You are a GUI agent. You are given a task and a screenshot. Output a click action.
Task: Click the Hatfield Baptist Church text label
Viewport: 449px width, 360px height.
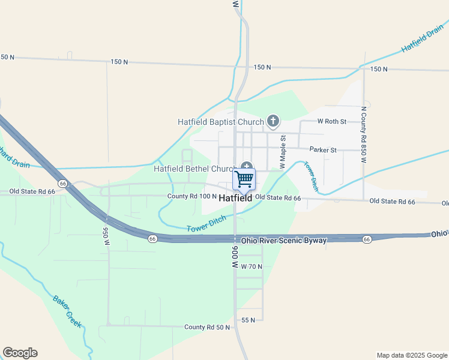(220, 122)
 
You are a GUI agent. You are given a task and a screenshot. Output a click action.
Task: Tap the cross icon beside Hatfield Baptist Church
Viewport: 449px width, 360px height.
(273, 122)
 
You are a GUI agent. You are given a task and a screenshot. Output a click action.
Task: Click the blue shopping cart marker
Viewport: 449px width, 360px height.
(244, 178)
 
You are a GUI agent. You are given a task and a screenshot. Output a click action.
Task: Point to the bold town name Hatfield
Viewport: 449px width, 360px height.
(235, 197)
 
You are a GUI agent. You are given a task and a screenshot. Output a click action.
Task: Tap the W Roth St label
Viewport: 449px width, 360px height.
(332, 121)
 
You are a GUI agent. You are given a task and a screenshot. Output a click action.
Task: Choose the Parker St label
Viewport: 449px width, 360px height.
(323, 149)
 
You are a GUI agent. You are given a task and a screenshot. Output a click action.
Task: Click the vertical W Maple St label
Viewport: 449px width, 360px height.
(281, 151)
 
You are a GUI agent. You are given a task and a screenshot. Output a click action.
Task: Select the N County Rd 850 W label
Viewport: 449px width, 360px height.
(363, 135)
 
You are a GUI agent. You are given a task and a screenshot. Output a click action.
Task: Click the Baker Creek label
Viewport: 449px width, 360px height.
(67, 311)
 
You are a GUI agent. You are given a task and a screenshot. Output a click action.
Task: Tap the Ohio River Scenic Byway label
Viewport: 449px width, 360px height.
(284, 241)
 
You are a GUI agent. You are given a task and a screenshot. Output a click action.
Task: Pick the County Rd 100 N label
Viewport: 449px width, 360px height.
(191, 196)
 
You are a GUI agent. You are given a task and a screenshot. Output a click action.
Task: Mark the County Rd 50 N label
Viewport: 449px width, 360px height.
(207, 327)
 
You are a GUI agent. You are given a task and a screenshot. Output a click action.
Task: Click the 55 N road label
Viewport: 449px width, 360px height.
(249, 320)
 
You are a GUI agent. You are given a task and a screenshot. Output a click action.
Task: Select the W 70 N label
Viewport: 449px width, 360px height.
(252, 266)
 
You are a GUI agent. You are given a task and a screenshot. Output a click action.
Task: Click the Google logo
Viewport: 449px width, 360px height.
(20, 353)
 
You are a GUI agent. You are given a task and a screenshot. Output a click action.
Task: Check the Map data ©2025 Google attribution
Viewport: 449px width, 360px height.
(411, 355)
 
